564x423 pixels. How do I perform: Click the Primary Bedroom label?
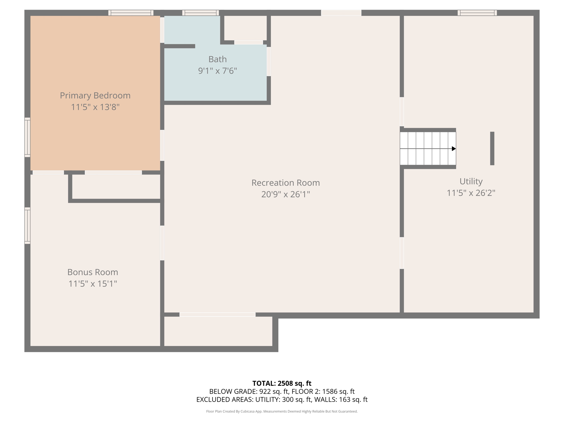click(95, 96)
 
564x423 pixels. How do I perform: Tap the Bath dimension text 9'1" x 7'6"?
click(218, 71)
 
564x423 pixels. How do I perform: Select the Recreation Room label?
click(286, 183)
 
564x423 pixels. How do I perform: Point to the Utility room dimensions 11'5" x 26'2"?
click(471, 193)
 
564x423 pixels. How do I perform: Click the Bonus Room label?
click(93, 272)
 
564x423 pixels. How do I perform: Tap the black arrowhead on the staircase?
click(454, 149)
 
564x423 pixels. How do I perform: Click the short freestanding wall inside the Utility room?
click(492, 148)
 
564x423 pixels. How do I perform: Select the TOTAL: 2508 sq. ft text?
click(282, 383)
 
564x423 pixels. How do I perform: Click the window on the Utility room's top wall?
click(477, 13)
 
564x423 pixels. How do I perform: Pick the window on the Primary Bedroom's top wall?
click(131, 13)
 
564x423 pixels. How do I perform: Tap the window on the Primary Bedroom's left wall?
click(28, 137)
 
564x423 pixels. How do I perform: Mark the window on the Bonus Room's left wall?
click(28, 226)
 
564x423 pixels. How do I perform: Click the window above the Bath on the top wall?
click(200, 13)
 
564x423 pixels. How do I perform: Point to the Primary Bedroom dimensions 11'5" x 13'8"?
click(95, 107)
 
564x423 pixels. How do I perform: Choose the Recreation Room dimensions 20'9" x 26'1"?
click(286, 194)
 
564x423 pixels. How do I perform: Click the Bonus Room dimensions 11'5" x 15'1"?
click(93, 284)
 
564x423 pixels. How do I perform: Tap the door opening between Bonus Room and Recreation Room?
click(162, 243)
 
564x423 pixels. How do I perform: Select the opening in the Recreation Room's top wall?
click(341, 13)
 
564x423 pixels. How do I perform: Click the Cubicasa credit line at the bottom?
click(282, 411)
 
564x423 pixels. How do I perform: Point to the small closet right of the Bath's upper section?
click(245, 28)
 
